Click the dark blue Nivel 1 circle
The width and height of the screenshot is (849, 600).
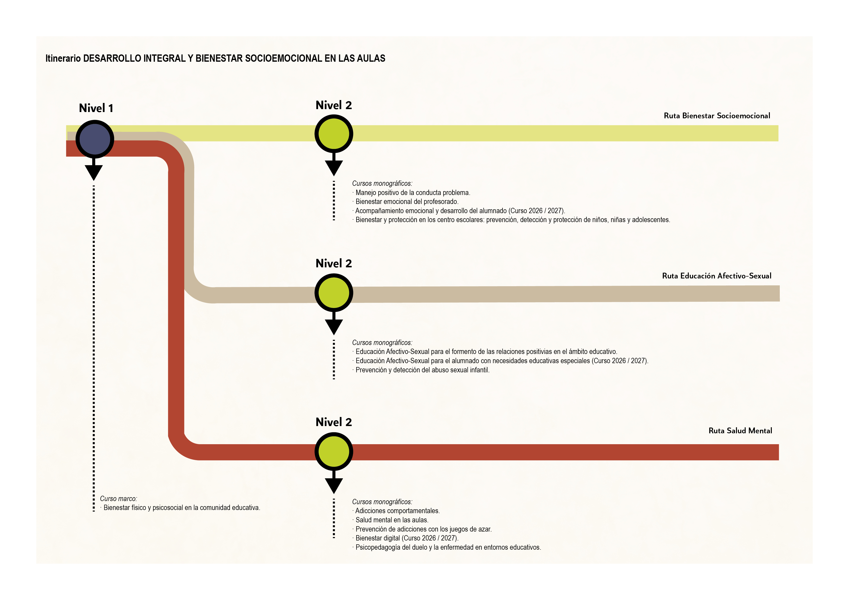(95, 139)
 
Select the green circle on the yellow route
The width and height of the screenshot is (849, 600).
(334, 134)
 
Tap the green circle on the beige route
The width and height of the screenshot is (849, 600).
(334, 292)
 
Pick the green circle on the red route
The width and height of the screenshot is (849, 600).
(334, 451)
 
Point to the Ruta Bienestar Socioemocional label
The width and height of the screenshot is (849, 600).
(717, 116)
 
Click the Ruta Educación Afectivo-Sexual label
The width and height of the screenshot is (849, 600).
(716, 276)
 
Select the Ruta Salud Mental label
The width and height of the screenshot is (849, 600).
(740, 431)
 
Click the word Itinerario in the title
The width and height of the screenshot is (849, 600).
(63, 58)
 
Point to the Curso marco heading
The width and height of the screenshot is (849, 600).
(118, 499)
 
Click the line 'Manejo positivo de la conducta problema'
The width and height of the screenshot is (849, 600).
(413, 193)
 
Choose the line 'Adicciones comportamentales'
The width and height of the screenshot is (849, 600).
(397, 511)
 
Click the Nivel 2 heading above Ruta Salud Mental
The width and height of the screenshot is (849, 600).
(334, 422)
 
